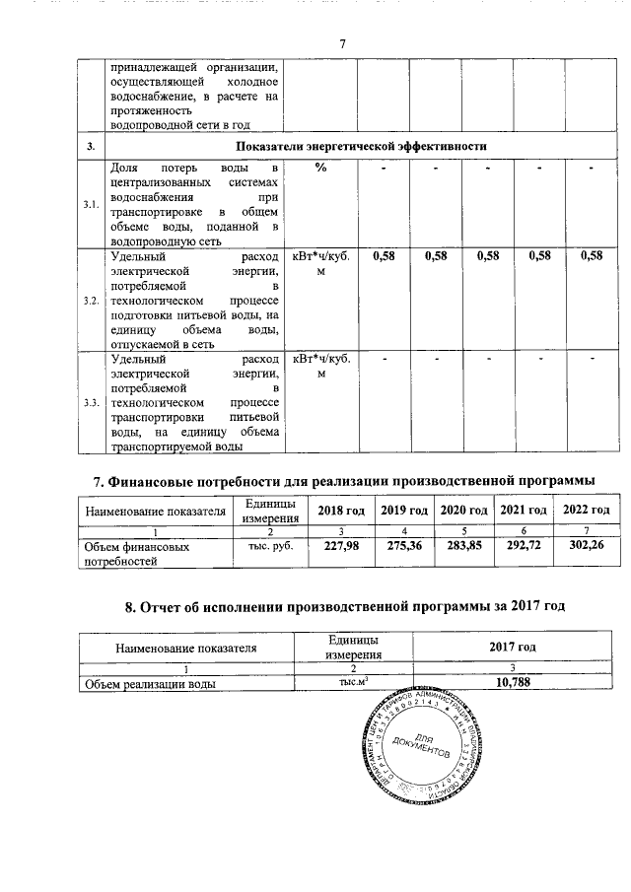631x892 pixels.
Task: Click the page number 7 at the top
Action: click(341, 44)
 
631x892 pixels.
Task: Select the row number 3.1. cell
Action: click(91, 205)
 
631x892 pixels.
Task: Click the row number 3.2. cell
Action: click(91, 300)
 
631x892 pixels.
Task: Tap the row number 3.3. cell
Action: click(91, 403)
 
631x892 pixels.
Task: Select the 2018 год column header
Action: click(335, 510)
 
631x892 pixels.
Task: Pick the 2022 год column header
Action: click(586, 510)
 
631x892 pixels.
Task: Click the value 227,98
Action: click(335, 545)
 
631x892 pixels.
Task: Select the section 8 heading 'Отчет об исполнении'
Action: click(342, 605)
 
